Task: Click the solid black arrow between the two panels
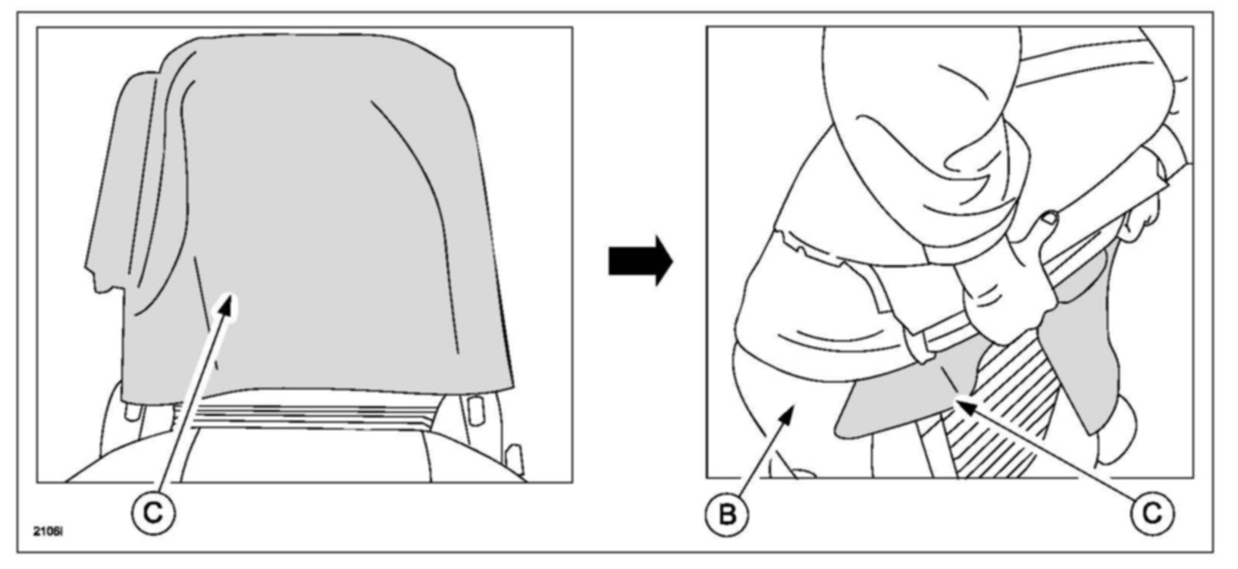click(x=641, y=260)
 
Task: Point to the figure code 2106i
click(x=48, y=532)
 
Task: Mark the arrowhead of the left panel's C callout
click(x=229, y=305)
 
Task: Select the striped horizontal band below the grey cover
click(x=309, y=416)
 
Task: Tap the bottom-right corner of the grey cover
click(x=514, y=389)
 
